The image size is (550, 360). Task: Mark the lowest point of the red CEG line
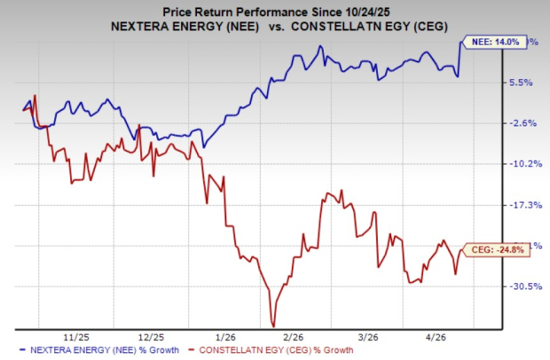coord(273,325)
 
